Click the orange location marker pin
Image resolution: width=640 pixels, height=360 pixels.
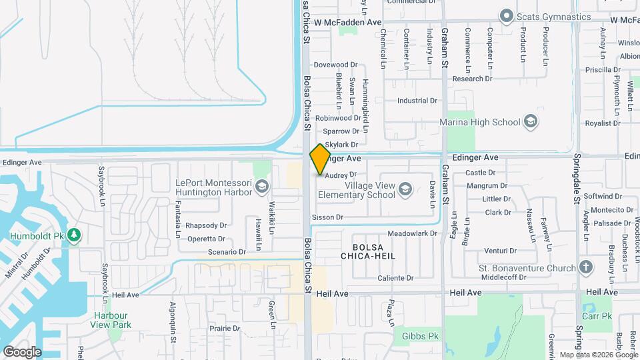point(320,159)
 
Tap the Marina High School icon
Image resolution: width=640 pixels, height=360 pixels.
point(531,121)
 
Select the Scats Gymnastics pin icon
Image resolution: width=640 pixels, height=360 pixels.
point(506,16)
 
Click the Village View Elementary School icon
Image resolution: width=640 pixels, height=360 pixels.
point(405,190)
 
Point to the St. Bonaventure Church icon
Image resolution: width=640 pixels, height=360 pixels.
point(586,267)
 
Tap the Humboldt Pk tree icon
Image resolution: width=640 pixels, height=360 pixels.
point(74,235)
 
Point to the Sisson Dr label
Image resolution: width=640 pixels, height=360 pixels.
point(327,217)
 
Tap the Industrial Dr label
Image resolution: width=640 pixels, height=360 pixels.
point(417,101)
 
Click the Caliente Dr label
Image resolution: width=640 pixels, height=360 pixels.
point(396,278)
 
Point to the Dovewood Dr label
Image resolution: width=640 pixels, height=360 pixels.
point(336,65)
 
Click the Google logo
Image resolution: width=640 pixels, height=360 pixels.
point(22,351)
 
